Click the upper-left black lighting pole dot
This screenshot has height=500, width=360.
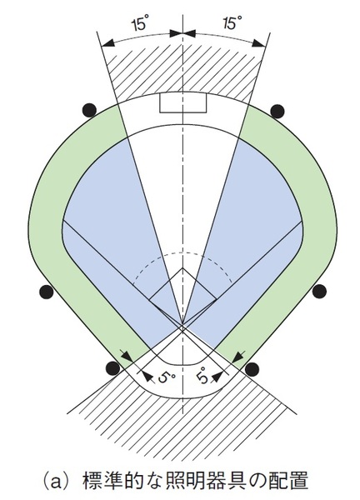coord(89,110)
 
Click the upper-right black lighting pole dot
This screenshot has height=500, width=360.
coord(277,110)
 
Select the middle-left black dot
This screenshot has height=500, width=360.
coord(46,292)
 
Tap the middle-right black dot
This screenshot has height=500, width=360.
coord(319,292)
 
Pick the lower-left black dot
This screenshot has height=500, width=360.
coord(113,368)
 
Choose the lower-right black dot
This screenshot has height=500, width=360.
coord(252,369)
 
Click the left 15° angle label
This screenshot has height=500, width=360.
coord(139,24)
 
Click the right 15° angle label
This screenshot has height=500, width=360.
coord(232,23)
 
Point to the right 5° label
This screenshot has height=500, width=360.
coord(202,376)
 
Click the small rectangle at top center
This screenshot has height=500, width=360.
coord(183,103)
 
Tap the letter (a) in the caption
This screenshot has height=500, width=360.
coord(58,481)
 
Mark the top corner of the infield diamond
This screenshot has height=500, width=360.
coord(182,267)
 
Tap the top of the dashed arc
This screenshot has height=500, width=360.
coord(182,252)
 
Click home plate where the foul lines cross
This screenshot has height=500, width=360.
coord(182,326)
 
